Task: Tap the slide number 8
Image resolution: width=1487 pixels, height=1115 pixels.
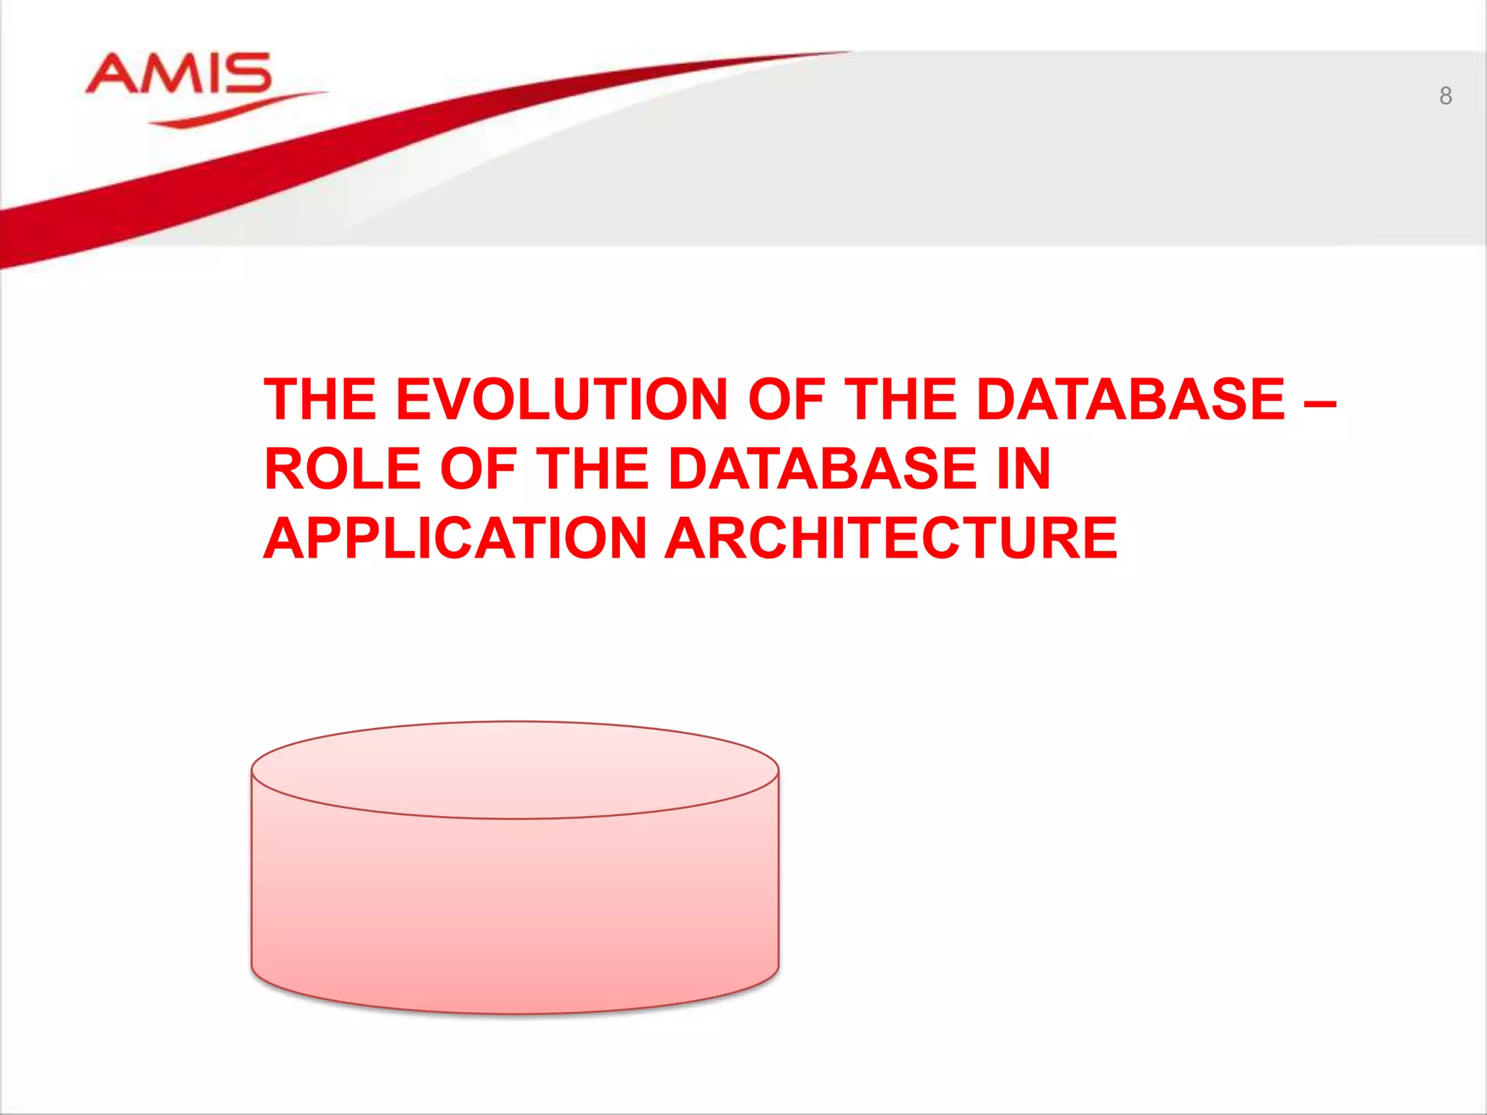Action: click(1445, 96)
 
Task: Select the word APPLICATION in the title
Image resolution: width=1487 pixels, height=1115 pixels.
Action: click(455, 539)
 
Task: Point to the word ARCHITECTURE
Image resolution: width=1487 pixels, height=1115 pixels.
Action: click(891, 539)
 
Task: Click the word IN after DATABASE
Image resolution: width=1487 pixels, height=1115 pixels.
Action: click(1024, 469)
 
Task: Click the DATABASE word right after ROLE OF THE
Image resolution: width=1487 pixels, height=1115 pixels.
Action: click(823, 469)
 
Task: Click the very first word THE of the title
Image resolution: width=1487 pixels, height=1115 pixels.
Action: click(319, 399)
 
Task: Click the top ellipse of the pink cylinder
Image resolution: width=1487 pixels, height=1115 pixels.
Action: click(515, 769)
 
